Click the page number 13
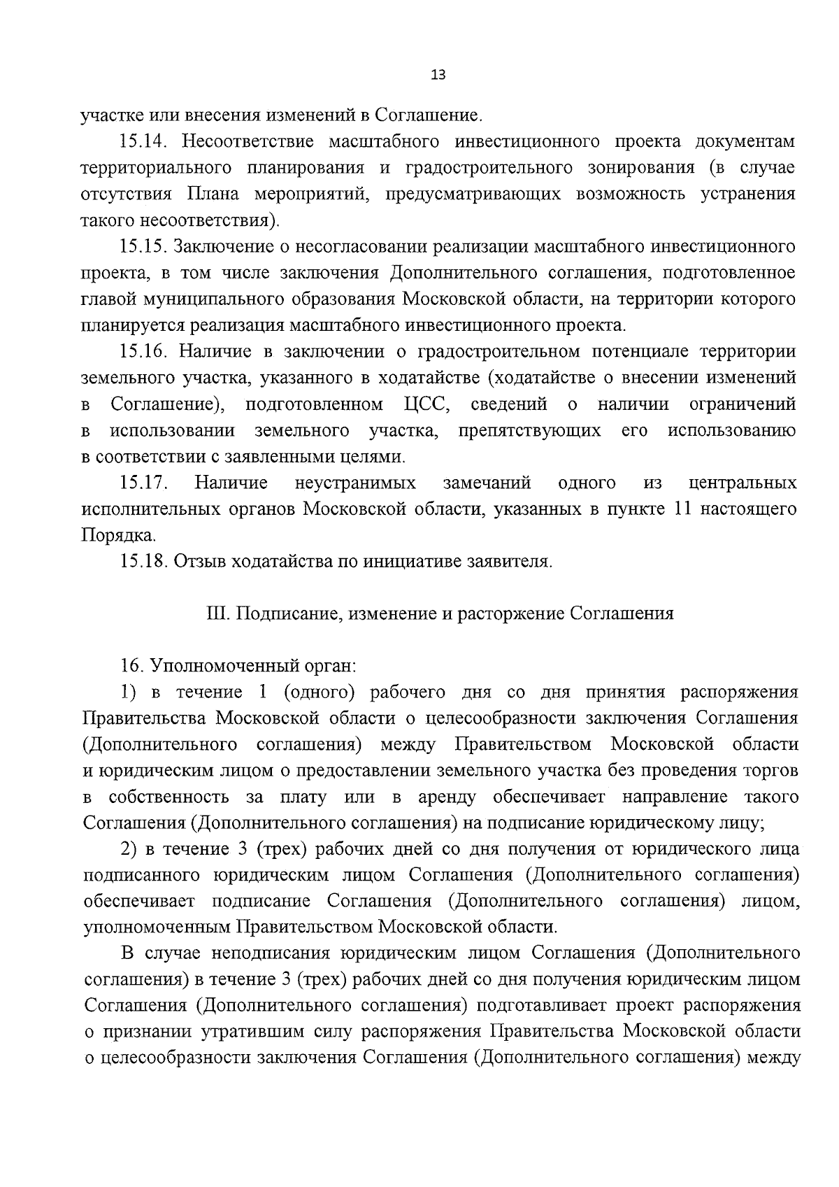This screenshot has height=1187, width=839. coord(438,76)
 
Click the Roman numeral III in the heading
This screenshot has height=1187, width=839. coord(217,614)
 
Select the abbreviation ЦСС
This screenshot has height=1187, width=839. coord(425,404)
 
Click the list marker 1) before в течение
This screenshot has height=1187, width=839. coord(128,692)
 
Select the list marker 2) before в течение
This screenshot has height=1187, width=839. coord(128,849)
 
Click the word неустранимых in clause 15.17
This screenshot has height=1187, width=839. coord(355,483)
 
